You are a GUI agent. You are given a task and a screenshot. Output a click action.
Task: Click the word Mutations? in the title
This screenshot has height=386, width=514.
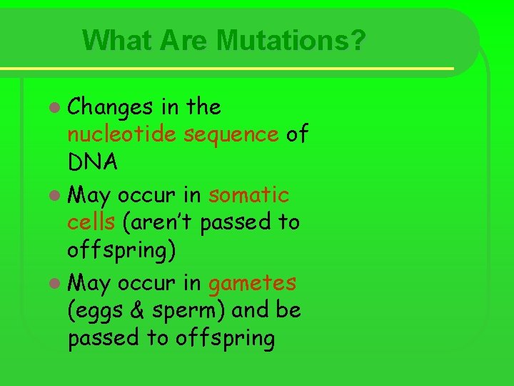pos(295,40)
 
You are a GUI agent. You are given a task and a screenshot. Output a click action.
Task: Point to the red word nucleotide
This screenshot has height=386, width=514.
pos(122,134)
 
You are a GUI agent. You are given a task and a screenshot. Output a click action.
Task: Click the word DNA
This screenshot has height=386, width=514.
pos(92,162)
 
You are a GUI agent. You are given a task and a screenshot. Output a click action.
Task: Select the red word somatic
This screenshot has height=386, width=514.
pos(249,194)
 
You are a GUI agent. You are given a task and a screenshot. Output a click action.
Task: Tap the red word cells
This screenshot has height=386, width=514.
pos(91,222)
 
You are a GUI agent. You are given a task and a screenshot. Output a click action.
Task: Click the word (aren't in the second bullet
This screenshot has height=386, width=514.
pos(158,222)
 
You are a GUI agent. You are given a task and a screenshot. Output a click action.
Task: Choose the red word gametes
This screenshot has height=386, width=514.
pos(252,284)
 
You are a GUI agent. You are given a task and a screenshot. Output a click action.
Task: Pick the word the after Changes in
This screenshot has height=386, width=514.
pos(203,107)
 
